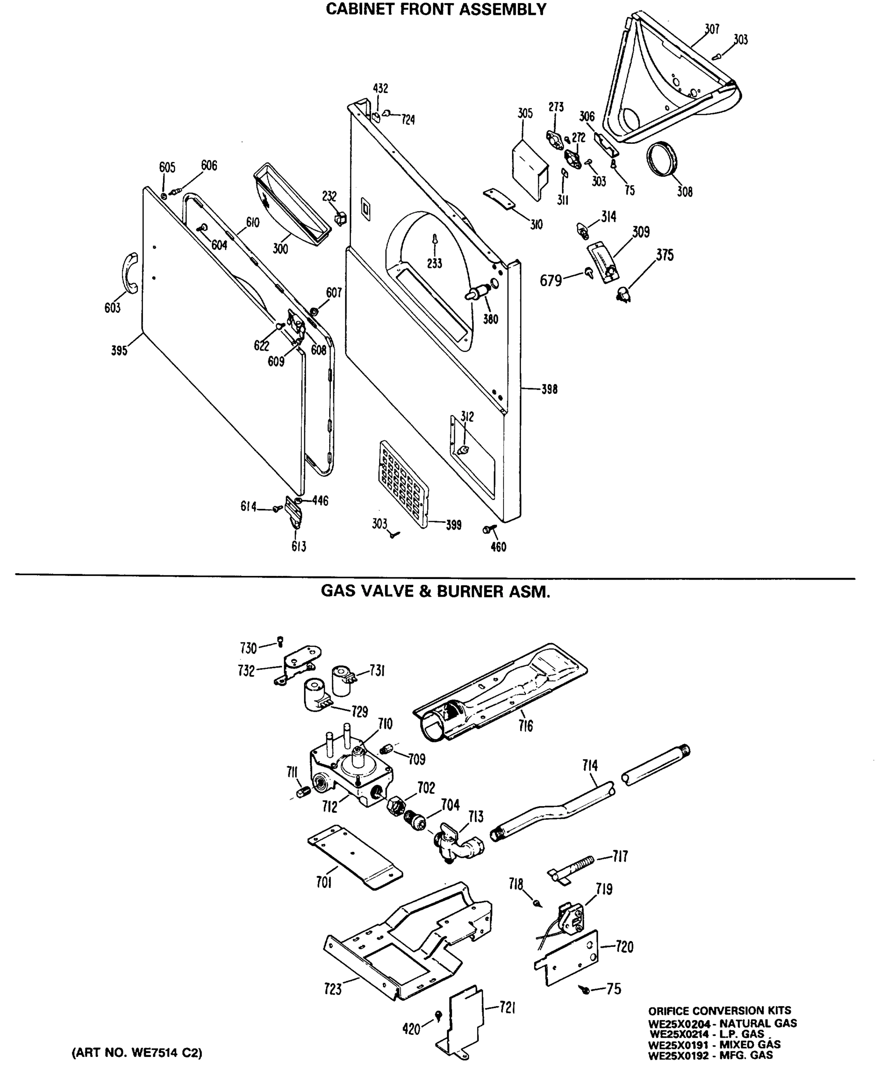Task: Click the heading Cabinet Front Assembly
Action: (x=436, y=9)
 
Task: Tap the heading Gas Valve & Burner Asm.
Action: (x=435, y=592)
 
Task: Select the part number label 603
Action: (x=113, y=308)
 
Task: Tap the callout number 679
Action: (x=551, y=281)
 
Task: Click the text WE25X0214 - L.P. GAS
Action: (x=707, y=1034)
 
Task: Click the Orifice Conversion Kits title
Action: (x=719, y=1011)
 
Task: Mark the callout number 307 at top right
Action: (x=712, y=29)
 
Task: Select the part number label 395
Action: (x=119, y=351)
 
